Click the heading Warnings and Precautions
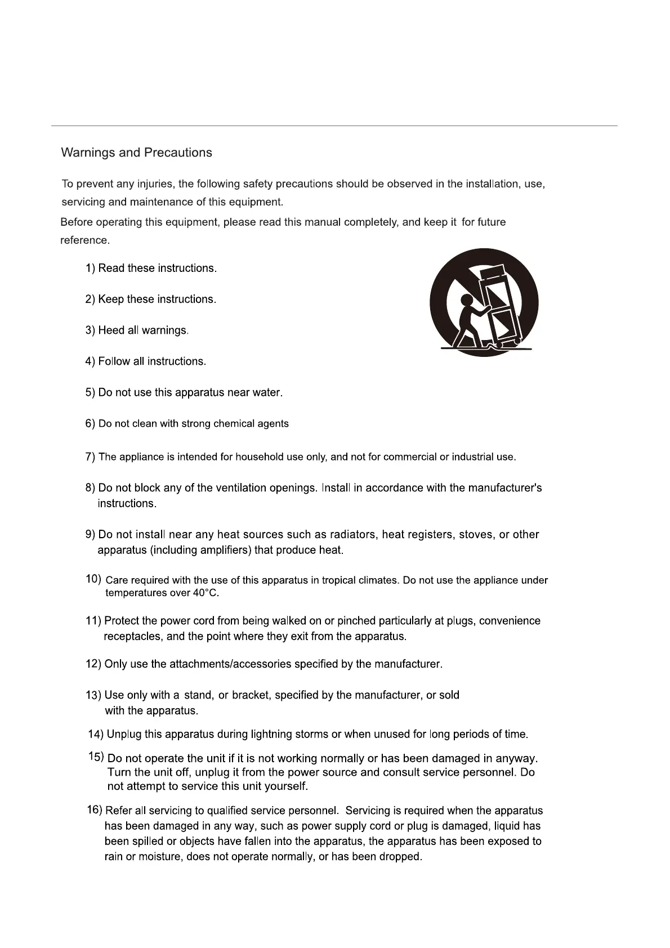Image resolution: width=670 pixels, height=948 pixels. [x=136, y=153]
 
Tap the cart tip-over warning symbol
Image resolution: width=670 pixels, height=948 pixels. [x=484, y=302]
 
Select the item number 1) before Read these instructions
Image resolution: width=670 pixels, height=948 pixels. [x=91, y=269]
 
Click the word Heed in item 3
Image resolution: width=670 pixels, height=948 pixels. [x=111, y=330]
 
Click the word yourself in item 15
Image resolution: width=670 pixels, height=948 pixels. [x=285, y=786]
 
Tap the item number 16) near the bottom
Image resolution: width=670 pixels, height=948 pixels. [x=94, y=810]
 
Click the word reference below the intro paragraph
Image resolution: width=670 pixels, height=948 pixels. [x=84, y=240]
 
